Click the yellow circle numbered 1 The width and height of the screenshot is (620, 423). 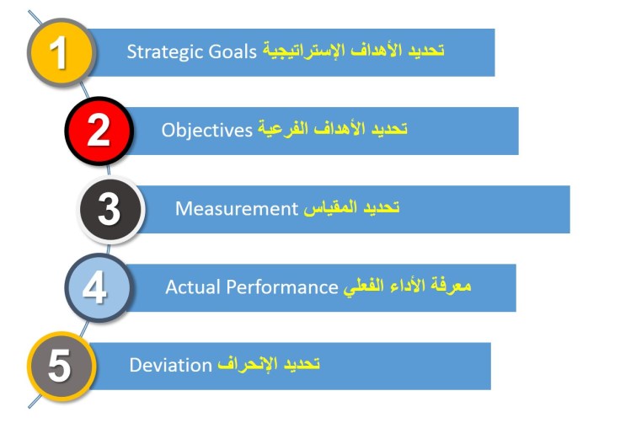pyautogui.click(x=57, y=51)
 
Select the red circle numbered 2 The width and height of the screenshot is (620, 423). pyautogui.click(x=99, y=131)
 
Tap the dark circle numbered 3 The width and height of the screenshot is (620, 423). pyautogui.click(x=110, y=209)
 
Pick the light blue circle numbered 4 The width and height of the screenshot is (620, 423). pyautogui.click(x=95, y=287)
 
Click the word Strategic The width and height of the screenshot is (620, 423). pyautogui.click(x=157, y=51)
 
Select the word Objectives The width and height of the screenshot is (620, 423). pyautogui.click(x=207, y=130)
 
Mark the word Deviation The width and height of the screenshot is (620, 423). pyautogui.click(x=169, y=366)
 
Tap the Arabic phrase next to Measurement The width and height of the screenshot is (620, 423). pyautogui.click(x=351, y=208)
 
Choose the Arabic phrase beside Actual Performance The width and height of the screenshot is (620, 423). pyautogui.click(x=407, y=287)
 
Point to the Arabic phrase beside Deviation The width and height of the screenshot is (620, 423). pyautogui.click(x=269, y=366)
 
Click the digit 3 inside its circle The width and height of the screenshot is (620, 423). pyautogui.click(x=110, y=210)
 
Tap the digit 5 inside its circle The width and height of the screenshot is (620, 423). pyautogui.click(x=59, y=367)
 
